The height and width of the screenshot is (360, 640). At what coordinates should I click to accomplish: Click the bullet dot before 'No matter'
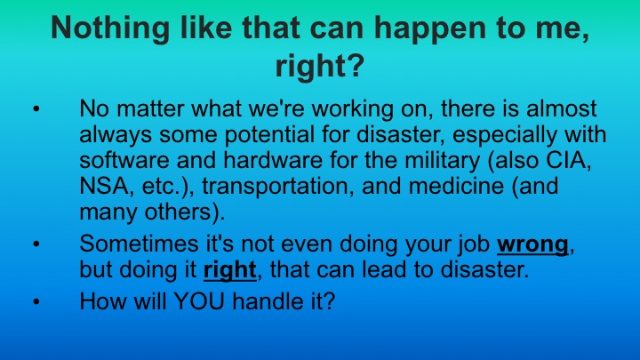click(36, 111)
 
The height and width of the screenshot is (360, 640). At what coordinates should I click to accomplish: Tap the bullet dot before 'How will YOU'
click(36, 301)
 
